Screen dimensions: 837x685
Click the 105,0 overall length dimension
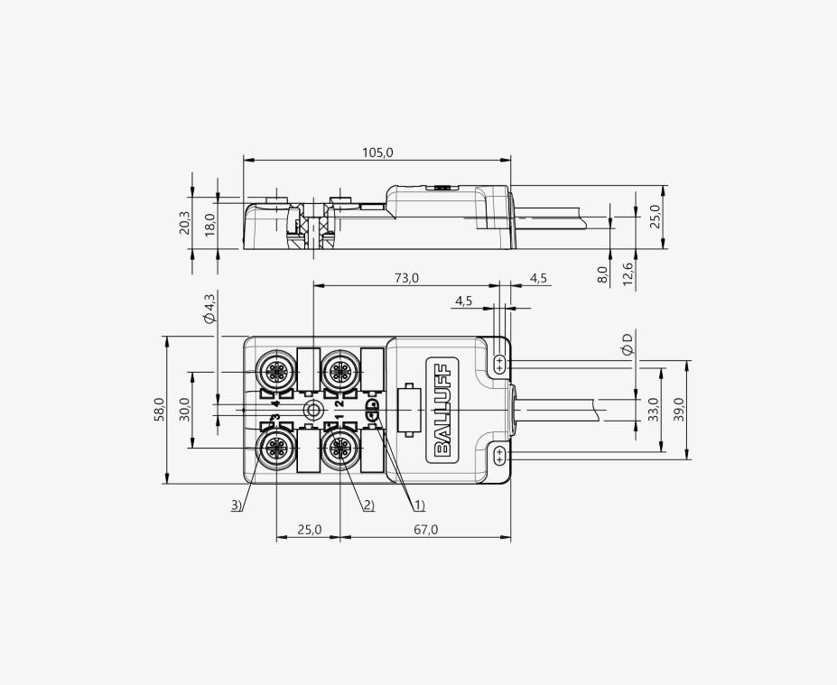click(x=377, y=153)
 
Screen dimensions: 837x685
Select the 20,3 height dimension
click(x=184, y=222)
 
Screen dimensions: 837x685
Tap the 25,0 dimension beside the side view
click(x=655, y=217)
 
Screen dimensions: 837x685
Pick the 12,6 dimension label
click(x=628, y=273)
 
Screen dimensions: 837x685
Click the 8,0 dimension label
click(x=602, y=275)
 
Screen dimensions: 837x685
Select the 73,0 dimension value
click(x=406, y=278)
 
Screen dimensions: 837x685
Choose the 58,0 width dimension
click(x=160, y=410)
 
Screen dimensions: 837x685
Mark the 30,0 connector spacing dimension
click(x=185, y=409)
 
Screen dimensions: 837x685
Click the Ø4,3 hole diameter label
click(x=209, y=308)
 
